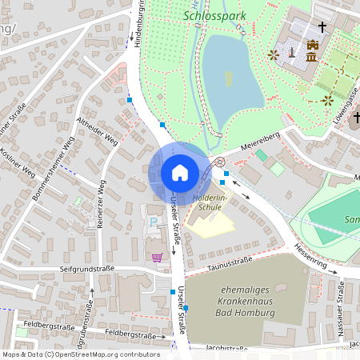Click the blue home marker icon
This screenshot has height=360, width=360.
click(179, 173)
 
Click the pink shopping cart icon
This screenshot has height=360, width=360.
click(157, 257)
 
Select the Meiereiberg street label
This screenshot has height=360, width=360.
click(260, 142)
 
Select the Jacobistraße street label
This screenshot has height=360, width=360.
click(226, 349)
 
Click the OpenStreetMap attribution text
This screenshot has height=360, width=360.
click(81, 354)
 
